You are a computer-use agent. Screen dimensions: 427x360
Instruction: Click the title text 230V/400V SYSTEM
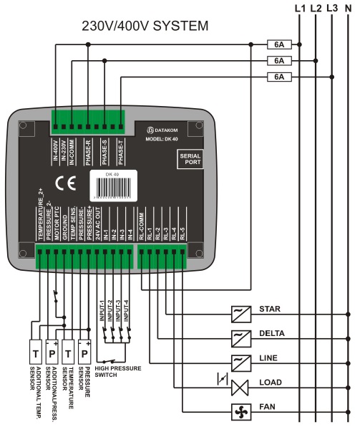point(145,27)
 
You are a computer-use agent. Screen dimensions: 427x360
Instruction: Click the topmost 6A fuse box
point(278,44)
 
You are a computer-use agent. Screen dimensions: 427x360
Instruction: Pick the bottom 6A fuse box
point(278,76)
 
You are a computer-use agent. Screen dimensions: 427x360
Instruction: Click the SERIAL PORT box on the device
point(190,159)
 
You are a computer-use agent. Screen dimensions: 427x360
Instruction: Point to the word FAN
point(268,406)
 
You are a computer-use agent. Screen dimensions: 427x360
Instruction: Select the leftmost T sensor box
point(34,353)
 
